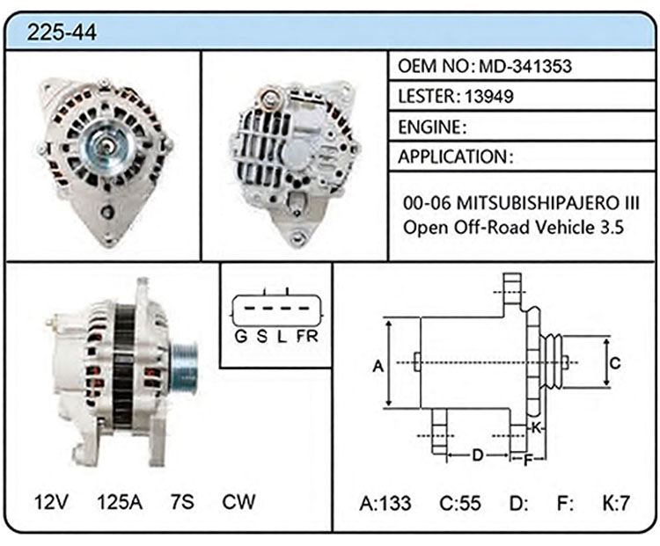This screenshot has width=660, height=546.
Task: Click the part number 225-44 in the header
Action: (62, 32)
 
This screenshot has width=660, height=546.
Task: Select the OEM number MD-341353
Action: (525, 66)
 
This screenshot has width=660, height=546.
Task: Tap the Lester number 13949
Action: (489, 97)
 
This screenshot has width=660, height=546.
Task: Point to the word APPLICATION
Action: (452, 157)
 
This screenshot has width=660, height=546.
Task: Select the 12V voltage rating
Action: (51, 502)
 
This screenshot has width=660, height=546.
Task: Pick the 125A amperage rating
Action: (120, 502)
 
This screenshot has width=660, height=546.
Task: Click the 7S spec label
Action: (182, 502)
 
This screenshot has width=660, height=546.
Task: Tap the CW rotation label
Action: (238, 501)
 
